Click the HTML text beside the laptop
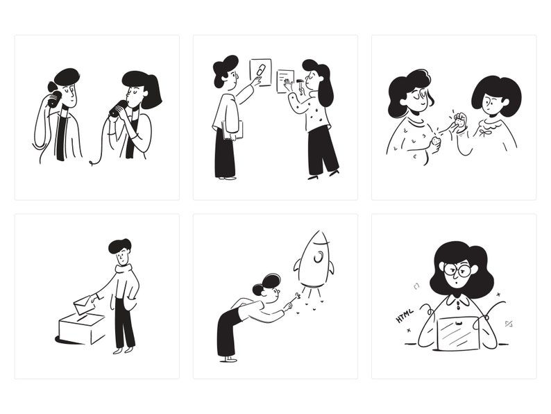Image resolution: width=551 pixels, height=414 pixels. point(405,315)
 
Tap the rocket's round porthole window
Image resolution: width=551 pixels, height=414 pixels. point(318,257)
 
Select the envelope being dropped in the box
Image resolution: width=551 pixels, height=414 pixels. point(85,304)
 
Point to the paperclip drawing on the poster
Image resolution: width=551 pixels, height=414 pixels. point(260,69)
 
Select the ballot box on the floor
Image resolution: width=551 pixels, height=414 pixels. point(82,329)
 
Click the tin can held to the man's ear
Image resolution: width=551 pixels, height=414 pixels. point(53,99)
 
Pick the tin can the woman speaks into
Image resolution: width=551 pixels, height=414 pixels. point(118,108)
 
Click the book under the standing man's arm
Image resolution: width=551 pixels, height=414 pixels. point(232,130)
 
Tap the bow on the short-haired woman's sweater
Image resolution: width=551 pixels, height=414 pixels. point(486,133)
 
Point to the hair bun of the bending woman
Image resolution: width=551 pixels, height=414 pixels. point(258,290)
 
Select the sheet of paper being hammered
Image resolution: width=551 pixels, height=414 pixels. point(285,81)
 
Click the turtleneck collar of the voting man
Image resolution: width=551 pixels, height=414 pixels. point(124,270)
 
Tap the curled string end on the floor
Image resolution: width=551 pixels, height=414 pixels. point(92,163)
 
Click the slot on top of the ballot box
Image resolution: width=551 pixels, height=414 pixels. point(82,317)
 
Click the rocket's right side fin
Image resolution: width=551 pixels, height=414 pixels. point(331,267)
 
